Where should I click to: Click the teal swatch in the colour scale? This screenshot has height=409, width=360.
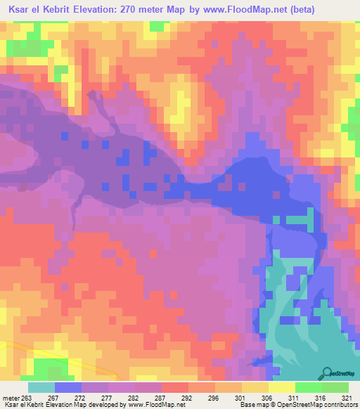pyautogui.click(x=41, y=387)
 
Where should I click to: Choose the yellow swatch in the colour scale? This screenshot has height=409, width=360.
pyautogui.click(x=282, y=387)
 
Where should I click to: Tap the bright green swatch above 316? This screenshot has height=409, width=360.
pyautogui.click(x=309, y=387)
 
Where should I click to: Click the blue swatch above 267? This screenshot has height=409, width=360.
pyautogui.click(x=68, y=387)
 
